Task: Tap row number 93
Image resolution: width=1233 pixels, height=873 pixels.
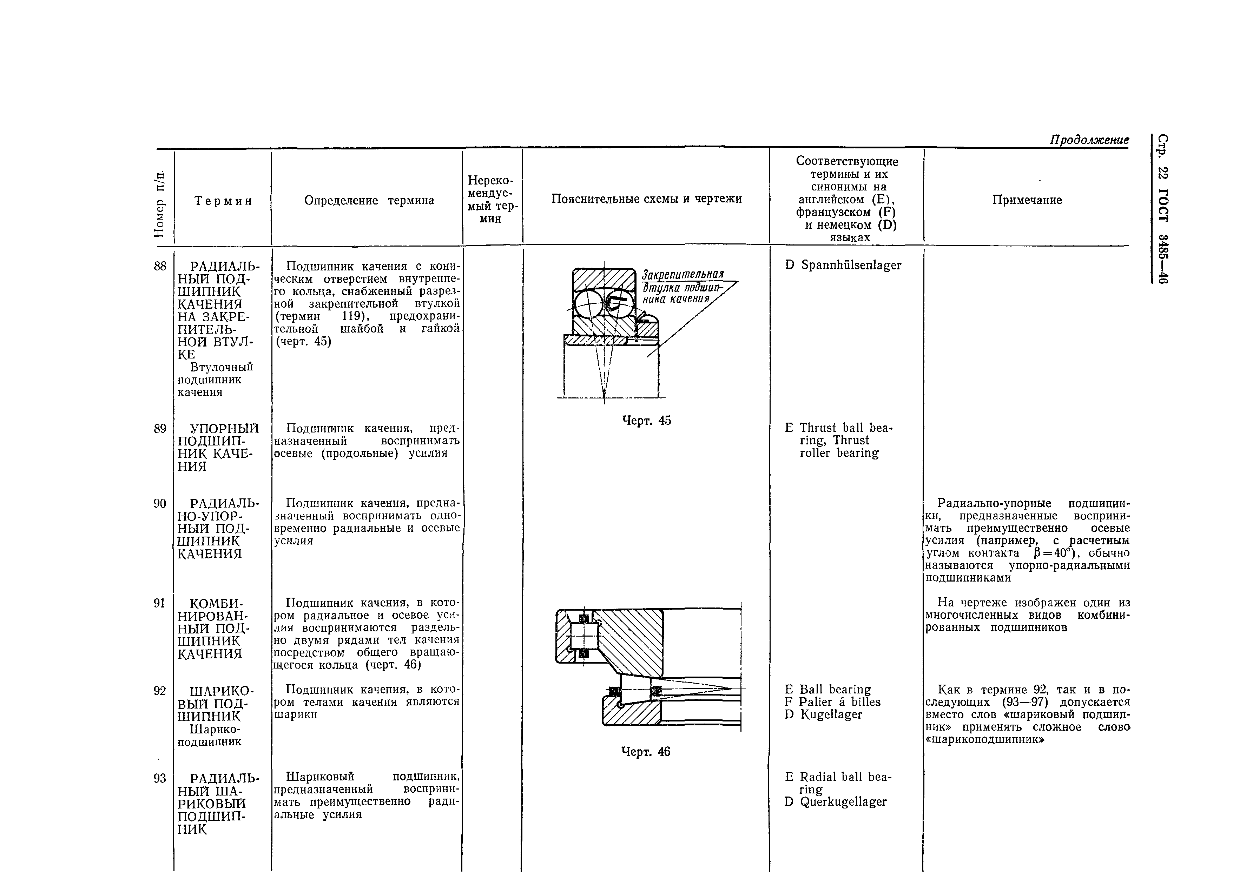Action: click(x=160, y=778)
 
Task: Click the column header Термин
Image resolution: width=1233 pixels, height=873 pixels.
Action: click(x=223, y=201)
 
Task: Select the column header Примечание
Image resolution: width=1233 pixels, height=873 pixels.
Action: click(x=1027, y=200)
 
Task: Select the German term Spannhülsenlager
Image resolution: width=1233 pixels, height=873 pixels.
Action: click(x=851, y=266)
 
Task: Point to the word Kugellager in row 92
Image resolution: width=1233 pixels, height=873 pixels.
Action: click(x=831, y=715)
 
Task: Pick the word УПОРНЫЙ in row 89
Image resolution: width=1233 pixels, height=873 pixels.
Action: click(x=225, y=429)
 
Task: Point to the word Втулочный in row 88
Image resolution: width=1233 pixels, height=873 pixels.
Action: click(x=222, y=367)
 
